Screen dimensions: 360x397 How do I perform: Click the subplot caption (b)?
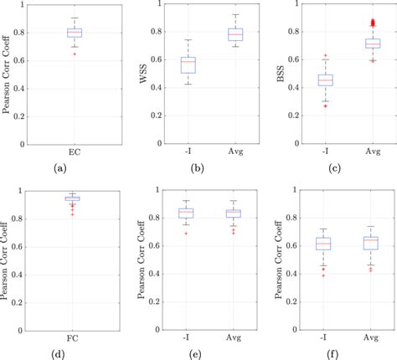(x=198, y=168)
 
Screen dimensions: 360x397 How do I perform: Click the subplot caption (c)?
(x=335, y=168)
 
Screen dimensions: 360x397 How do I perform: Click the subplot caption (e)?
(x=198, y=353)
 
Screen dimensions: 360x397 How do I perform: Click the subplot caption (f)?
(x=335, y=353)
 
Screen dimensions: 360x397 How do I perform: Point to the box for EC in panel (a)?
(x=75, y=33)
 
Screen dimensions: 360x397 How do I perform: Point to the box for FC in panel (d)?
(x=75, y=198)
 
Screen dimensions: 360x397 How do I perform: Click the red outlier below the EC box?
(x=75, y=54)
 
